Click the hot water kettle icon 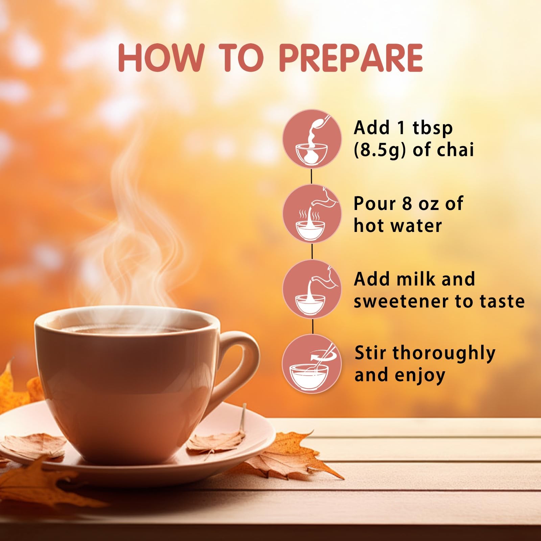pyautogui.click(x=312, y=214)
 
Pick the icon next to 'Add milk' pyautogui.click(x=312, y=289)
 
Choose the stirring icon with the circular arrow pyautogui.click(x=312, y=364)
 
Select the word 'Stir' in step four pyautogui.click(x=370, y=353)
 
